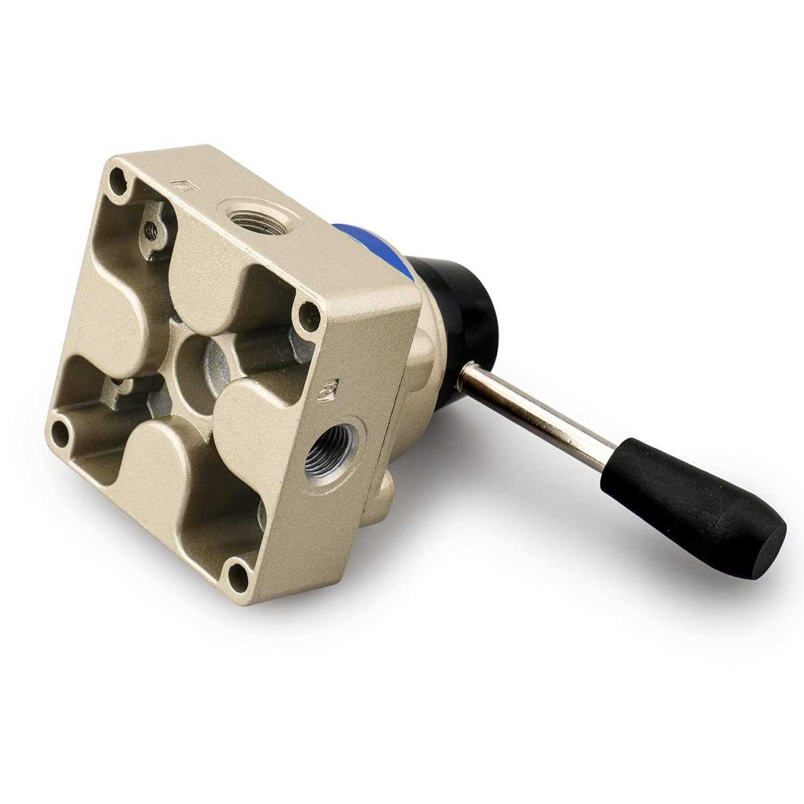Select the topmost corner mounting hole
click(x=119, y=178)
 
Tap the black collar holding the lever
click(x=469, y=308)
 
